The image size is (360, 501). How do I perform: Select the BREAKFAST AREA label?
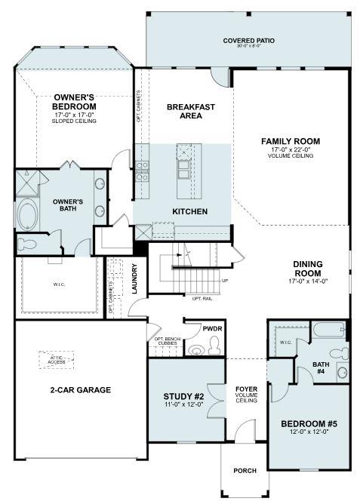coord(190,112)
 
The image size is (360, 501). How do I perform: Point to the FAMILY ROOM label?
coord(291,141)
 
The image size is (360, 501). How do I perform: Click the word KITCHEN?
coord(189,211)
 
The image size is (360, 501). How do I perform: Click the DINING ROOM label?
coord(308,269)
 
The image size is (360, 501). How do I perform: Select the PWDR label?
coord(212,329)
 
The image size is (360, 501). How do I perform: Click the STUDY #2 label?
coord(184,396)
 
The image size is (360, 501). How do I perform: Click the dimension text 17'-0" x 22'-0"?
coord(291,150)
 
